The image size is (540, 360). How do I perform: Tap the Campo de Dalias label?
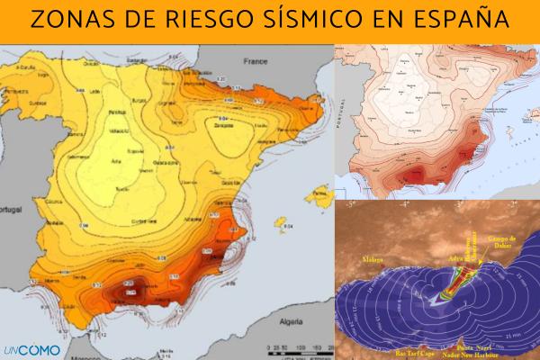[504, 241]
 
